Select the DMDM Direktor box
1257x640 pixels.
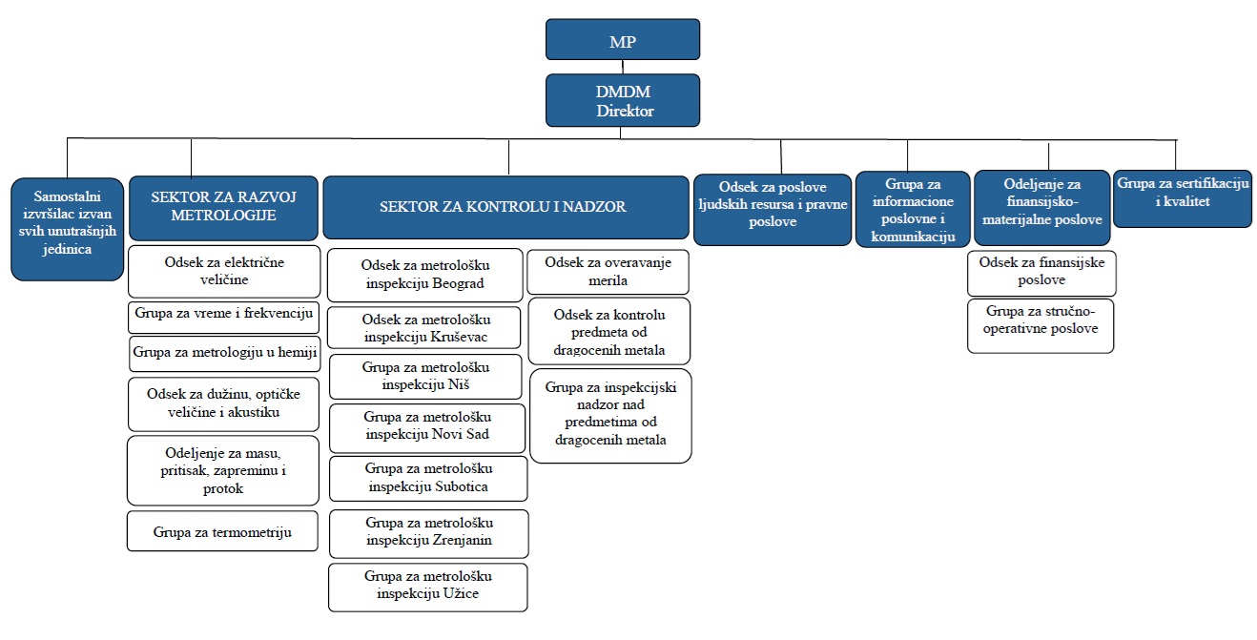(x=623, y=100)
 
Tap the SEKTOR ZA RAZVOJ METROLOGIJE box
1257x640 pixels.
(x=223, y=206)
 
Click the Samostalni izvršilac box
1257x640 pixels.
(x=67, y=229)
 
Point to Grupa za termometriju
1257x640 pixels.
(x=222, y=531)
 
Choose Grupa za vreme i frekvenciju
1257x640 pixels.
(x=223, y=314)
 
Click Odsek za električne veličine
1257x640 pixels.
(x=224, y=270)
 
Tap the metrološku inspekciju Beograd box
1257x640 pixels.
(x=425, y=275)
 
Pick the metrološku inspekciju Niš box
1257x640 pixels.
(x=425, y=376)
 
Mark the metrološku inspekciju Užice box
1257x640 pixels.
(x=428, y=587)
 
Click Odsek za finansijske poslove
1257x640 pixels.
(x=1041, y=272)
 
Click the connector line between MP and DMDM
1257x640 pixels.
(x=623, y=67)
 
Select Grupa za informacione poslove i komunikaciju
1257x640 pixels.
(x=913, y=210)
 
